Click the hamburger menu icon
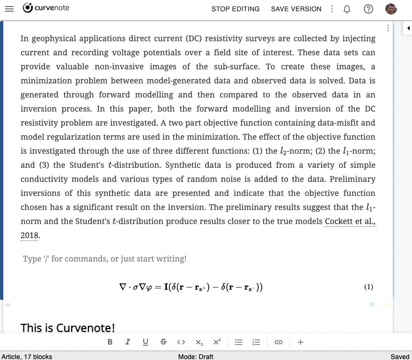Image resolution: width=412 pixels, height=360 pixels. coord(9,9)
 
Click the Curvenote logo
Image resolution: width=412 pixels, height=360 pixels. coord(46,8)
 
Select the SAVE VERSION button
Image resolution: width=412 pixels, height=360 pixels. coord(296,9)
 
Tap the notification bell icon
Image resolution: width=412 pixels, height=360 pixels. coord(347,9)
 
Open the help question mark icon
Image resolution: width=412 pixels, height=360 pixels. coord(368,9)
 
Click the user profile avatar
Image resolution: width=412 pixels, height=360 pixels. coord(391,9)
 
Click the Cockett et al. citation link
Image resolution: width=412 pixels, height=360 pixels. coord(350,221)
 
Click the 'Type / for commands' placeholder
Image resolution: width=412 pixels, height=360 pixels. coord(104,259)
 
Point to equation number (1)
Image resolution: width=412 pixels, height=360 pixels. coord(368,287)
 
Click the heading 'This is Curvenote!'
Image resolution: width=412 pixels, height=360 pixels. coord(68,328)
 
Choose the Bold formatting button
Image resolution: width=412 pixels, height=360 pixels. coord(110,342)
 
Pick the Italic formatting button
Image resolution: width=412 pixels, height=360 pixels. coord(127,342)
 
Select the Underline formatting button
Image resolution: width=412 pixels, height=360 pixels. coord(146,342)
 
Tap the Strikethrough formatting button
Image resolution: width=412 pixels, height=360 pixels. coord(163,342)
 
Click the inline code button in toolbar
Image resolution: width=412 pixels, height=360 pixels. coord(182,342)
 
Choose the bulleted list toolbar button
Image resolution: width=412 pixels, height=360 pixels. coord(238,342)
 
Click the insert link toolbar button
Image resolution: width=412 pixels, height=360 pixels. coord(279,342)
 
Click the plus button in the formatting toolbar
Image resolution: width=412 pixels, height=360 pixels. coord(301,342)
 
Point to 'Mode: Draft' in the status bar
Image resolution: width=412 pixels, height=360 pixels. coord(196,357)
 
